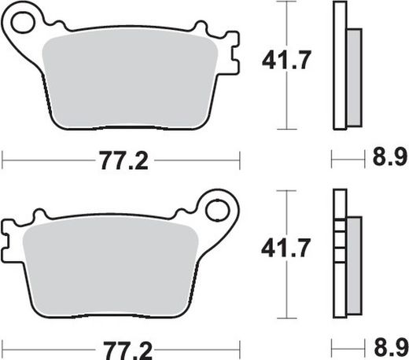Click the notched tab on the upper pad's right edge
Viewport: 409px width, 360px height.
click(x=230, y=53)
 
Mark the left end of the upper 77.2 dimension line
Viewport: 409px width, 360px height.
click(x=4, y=161)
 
